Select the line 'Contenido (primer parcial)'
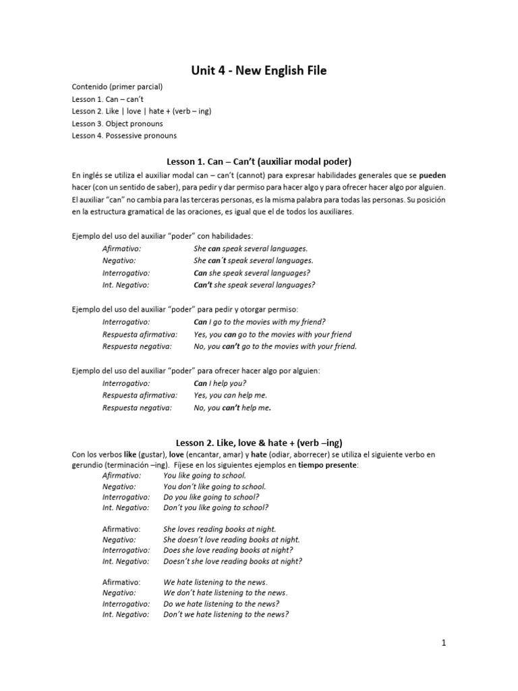tap(117, 87)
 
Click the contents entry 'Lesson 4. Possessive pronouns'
tap(124, 136)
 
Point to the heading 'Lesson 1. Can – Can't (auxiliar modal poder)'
tap(259, 161)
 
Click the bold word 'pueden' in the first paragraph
tap(432, 175)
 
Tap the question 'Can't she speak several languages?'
tap(254, 285)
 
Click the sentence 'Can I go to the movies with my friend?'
tap(259, 322)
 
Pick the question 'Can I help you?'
tap(220, 383)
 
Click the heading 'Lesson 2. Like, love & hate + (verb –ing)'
tap(259, 443)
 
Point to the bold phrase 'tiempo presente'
tap(330, 466)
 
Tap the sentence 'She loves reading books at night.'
tap(220, 529)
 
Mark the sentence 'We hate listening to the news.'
tap(216, 582)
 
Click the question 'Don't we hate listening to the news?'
tap(226, 614)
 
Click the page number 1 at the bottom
tap(444, 644)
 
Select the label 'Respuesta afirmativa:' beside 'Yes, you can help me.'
tap(140, 395)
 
